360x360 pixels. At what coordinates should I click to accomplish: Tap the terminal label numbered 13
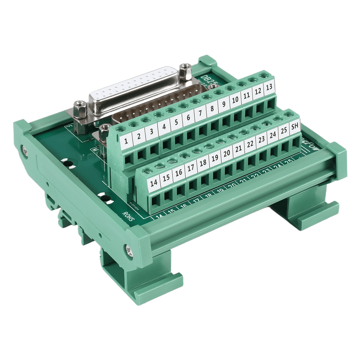coord(269,87)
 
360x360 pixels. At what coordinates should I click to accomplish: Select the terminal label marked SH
coord(295,126)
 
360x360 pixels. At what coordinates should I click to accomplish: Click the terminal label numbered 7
coord(200,113)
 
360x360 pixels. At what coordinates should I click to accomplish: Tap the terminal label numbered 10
coord(235,100)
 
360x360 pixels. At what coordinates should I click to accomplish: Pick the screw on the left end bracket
coord(24,149)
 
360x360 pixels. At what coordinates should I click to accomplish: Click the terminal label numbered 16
coord(179,173)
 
